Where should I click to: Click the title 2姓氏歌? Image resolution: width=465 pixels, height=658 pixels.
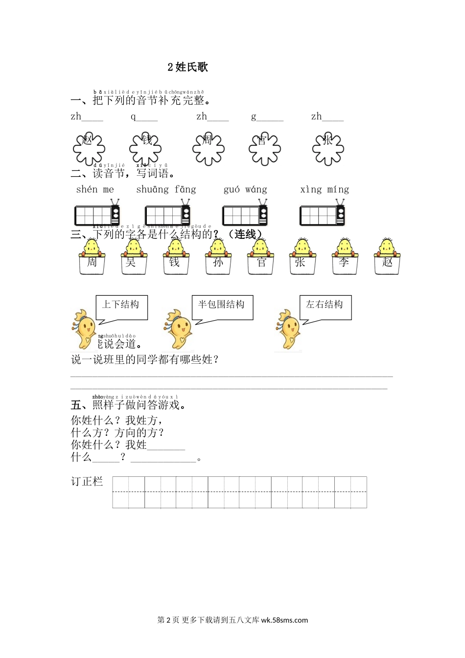point(187,67)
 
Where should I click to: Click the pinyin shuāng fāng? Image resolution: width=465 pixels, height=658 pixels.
point(166,189)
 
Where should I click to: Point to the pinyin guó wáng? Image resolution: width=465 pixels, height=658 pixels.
point(245,189)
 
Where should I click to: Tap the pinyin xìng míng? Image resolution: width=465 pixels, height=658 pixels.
point(325,189)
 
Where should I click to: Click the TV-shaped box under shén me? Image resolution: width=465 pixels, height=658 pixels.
point(97,214)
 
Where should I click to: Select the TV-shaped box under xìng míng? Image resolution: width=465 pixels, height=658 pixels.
point(322,214)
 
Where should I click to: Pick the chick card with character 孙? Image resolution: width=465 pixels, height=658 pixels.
point(218,258)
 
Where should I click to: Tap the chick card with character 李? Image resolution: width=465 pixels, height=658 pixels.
point(344,258)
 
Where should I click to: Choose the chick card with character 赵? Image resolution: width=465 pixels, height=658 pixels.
point(387,258)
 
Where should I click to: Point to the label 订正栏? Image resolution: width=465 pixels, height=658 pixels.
point(87,481)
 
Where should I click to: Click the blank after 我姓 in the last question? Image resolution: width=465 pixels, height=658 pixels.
point(166,446)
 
